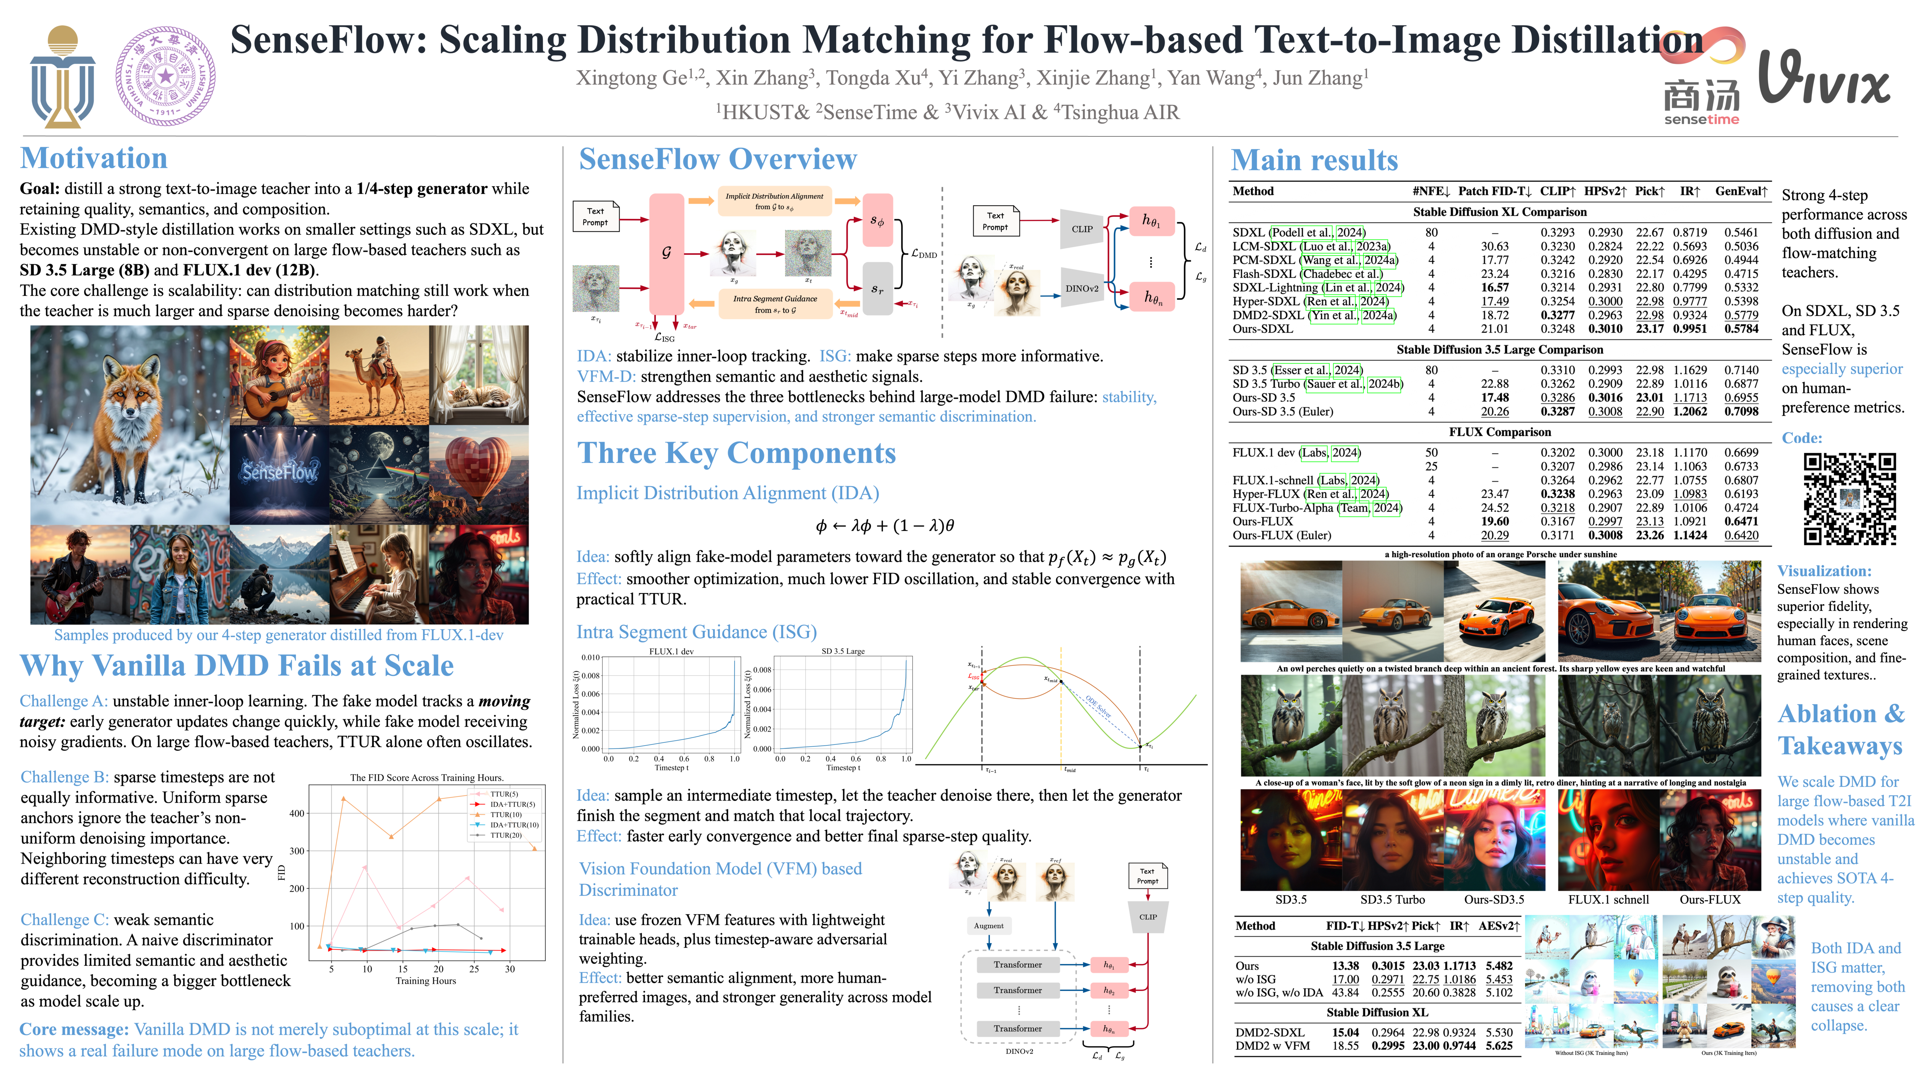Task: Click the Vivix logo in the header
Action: click(1824, 79)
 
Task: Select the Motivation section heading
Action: click(93, 158)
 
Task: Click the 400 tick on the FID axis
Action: click(297, 813)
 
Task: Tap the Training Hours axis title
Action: click(426, 980)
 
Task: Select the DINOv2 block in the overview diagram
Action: click(1081, 288)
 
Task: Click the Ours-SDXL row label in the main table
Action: click(1262, 328)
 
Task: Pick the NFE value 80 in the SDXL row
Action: click(1431, 232)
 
